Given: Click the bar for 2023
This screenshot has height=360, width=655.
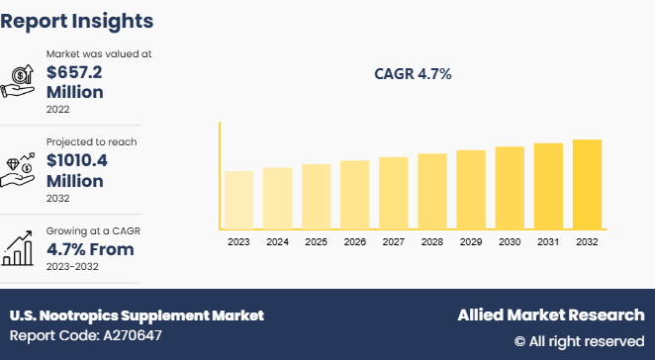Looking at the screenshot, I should click(238, 200).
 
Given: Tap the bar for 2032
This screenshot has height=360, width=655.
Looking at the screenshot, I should click(587, 184).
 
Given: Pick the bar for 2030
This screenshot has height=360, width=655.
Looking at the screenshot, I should click(510, 188).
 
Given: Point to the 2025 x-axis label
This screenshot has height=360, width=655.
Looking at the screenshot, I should click(316, 240).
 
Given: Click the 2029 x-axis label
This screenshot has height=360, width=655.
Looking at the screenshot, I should click(471, 240).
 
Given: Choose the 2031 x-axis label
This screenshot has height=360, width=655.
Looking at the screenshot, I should click(548, 240).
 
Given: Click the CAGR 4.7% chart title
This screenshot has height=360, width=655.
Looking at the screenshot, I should click(413, 74).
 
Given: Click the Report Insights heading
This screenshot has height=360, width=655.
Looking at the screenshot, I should click(77, 20).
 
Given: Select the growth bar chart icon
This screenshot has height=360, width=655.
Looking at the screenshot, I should click(20, 248).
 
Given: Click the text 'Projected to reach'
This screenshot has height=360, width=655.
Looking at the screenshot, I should click(91, 141).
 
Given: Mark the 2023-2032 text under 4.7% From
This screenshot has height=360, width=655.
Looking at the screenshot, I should click(73, 268).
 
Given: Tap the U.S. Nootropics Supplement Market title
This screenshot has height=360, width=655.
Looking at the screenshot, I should click(137, 315).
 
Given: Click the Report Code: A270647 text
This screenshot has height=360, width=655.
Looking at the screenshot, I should click(86, 335).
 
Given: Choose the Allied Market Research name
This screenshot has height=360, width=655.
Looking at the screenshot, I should click(550, 315).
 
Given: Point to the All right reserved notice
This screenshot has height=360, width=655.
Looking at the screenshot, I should click(579, 341).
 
